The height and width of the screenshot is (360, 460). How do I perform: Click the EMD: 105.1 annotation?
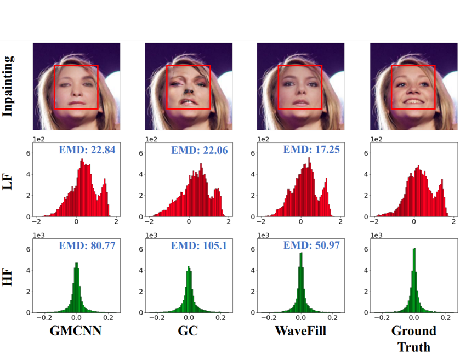198,245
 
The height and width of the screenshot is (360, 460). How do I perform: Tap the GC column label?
188,331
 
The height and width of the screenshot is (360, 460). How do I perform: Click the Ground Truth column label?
413,339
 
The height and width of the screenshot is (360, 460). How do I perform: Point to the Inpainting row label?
8,87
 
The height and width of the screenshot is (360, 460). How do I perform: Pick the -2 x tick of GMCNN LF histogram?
37,222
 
